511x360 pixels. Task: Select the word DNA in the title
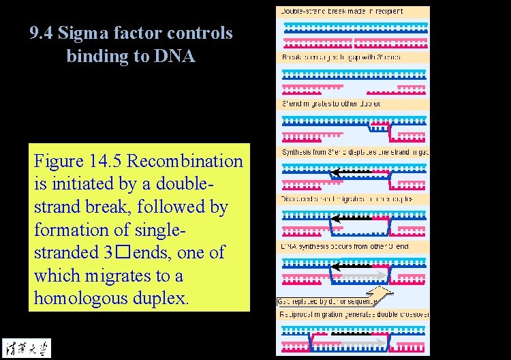point(176,56)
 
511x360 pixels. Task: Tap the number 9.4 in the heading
point(42,33)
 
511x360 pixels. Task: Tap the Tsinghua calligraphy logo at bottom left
point(21,346)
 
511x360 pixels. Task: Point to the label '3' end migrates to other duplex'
point(331,104)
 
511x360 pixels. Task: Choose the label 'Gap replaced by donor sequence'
point(325,301)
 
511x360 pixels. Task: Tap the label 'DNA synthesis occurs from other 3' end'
point(345,245)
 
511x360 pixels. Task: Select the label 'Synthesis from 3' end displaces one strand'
point(354,151)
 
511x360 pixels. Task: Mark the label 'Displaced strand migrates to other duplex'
point(347,198)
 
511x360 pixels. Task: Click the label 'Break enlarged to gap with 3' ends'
point(341,57)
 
